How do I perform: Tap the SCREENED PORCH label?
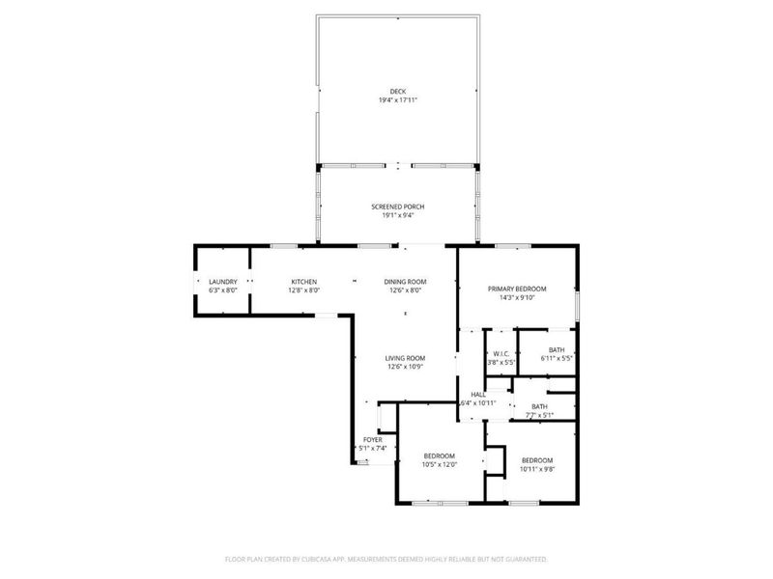(x=398, y=207)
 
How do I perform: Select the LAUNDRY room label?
(x=223, y=281)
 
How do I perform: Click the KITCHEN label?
(x=304, y=281)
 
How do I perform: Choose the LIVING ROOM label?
(x=407, y=358)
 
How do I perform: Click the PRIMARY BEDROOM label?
(x=517, y=289)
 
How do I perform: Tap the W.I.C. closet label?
(x=501, y=353)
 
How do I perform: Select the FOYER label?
(x=373, y=439)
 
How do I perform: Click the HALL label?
(x=478, y=395)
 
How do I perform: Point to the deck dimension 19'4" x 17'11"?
(x=398, y=100)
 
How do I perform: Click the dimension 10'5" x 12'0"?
(x=439, y=464)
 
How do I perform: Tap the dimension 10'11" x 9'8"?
(x=537, y=469)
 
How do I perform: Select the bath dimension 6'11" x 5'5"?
(x=557, y=359)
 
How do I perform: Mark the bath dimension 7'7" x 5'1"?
(x=539, y=415)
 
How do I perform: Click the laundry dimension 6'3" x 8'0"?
(x=223, y=289)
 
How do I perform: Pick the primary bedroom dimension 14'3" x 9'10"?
(x=517, y=297)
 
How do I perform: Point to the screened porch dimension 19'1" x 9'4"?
(x=398, y=215)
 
